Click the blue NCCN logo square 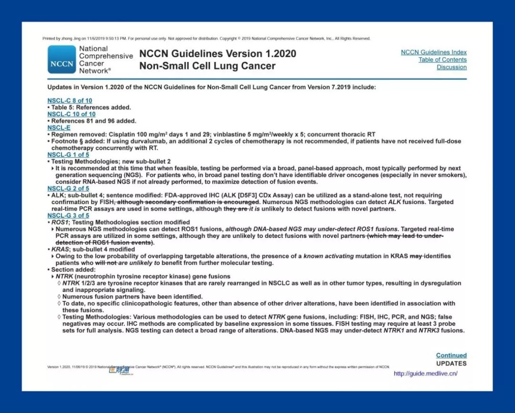point(62,60)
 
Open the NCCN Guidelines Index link point(433,52)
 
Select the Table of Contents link point(443,60)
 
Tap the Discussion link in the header point(452,67)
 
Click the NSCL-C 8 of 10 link point(70,101)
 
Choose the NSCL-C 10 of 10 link point(71,114)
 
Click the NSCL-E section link point(59,128)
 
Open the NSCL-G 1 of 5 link point(68,155)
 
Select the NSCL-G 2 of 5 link point(68,189)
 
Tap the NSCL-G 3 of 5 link point(68,216)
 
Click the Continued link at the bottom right point(451,355)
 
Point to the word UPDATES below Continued point(451,363)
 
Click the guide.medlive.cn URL point(425,373)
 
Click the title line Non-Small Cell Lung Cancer point(207,66)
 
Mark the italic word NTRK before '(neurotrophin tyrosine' point(63,277)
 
